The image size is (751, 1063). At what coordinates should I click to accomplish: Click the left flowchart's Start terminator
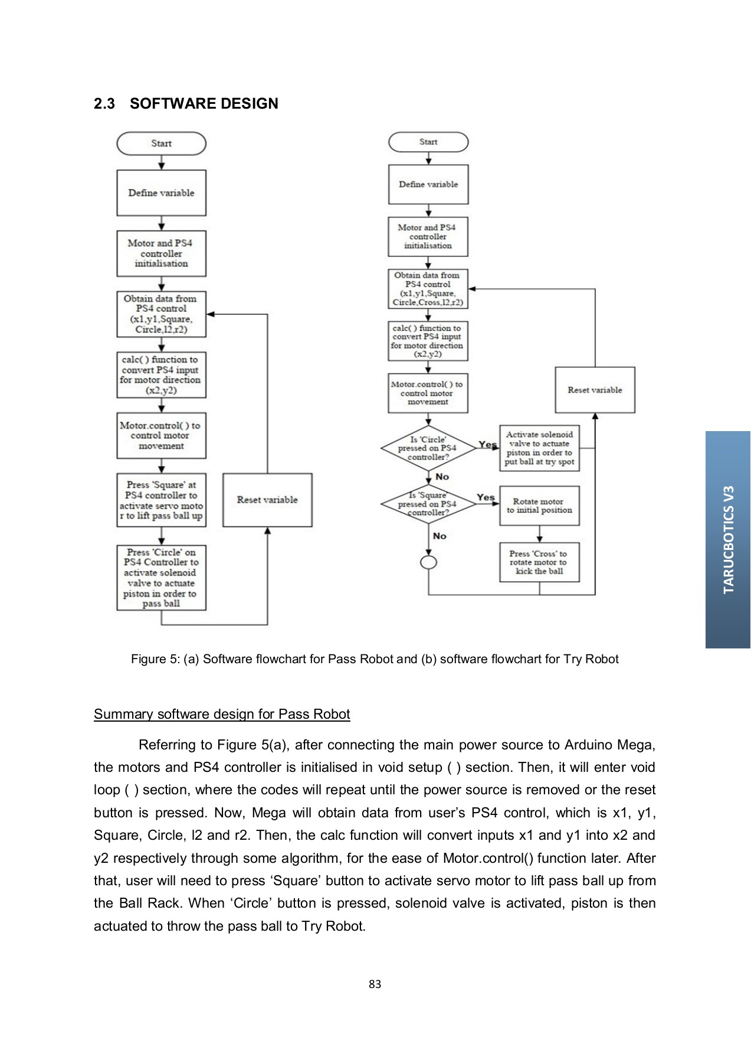[161, 144]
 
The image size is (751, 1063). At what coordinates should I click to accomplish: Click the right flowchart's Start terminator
[428, 142]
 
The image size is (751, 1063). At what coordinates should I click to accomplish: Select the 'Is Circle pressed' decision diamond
[428, 448]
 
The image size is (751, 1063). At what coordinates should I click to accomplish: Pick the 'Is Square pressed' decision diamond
[428, 504]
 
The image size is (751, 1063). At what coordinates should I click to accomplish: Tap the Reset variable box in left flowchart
[267, 500]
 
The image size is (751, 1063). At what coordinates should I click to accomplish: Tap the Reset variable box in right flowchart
[595, 390]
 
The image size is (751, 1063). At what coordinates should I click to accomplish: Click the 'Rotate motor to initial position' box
[539, 506]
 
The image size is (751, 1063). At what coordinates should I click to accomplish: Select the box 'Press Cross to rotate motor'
[539, 562]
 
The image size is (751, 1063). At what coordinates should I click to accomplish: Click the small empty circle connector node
[428, 562]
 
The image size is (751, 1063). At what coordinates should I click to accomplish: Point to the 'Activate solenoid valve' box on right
[539, 448]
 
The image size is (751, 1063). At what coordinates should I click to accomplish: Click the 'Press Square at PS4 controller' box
[161, 500]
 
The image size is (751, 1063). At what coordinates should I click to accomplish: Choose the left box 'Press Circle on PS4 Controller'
[161, 578]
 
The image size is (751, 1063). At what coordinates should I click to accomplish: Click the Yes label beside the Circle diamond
[487, 445]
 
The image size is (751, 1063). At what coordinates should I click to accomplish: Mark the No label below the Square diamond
[440, 536]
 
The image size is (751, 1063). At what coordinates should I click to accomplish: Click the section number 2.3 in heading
[104, 104]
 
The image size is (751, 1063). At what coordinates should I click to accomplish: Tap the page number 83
[375, 984]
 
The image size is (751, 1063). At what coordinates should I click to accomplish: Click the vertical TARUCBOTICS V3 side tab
[728, 539]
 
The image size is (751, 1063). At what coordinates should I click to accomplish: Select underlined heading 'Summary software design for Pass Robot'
[222, 714]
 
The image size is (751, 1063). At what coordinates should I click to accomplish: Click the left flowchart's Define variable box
[161, 193]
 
